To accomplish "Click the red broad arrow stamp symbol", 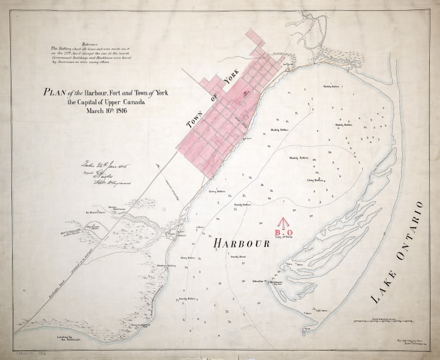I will click(x=283, y=222).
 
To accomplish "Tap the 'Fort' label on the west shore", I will click(x=168, y=233).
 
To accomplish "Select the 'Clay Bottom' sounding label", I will click(x=314, y=180).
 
